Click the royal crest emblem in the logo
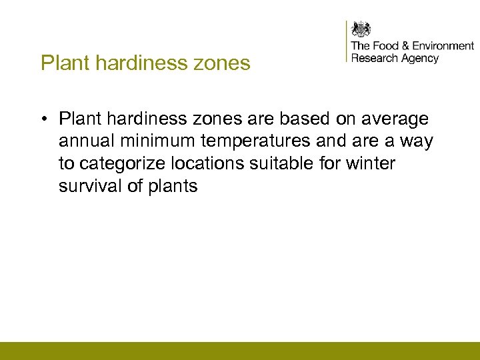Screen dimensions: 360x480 click(361, 29)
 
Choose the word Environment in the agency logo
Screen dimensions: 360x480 click(443, 46)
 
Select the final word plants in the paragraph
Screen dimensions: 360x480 click(172, 187)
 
